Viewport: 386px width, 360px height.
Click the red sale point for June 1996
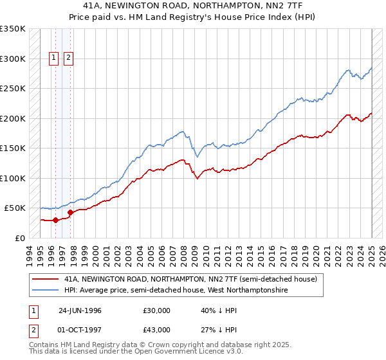coord(55,220)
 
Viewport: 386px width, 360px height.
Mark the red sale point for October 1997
coord(70,212)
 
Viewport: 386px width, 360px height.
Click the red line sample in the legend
coord(46,280)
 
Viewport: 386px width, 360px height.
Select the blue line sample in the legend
coord(46,291)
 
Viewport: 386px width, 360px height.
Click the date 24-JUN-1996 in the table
coord(80,310)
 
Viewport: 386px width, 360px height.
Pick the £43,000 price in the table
coord(157,330)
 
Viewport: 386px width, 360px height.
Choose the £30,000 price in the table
coord(157,310)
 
